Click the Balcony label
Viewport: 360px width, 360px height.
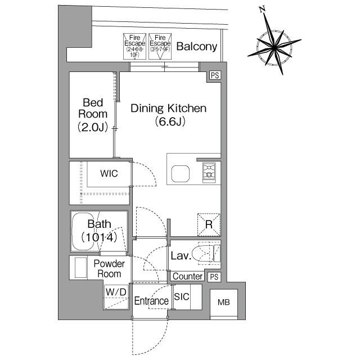click(x=196, y=47)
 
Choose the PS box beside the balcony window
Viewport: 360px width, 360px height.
click(x=214, y=75)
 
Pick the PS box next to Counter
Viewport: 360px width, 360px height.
click(x=214, y=277)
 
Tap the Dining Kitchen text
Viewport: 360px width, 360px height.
click(x=169, y=108)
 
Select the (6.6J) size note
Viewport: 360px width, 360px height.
click(x=170, y=121)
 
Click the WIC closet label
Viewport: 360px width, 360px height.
click(x=109, y=173)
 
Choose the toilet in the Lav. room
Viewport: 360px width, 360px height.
click(x=205, y=254)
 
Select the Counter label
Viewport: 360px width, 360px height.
click(x=188, y=276)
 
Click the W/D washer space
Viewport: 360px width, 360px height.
click(x=116, y=292)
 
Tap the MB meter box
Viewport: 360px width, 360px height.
click(x=224, y=303)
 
